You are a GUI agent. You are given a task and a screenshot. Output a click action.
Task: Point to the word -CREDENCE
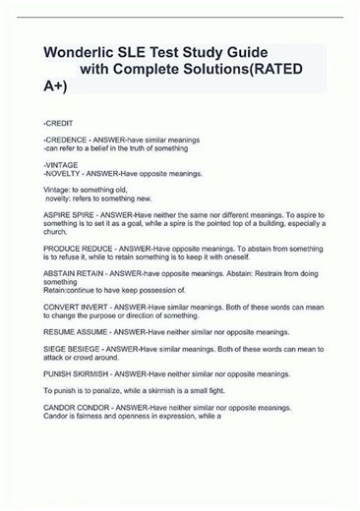tap(65, 142)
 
